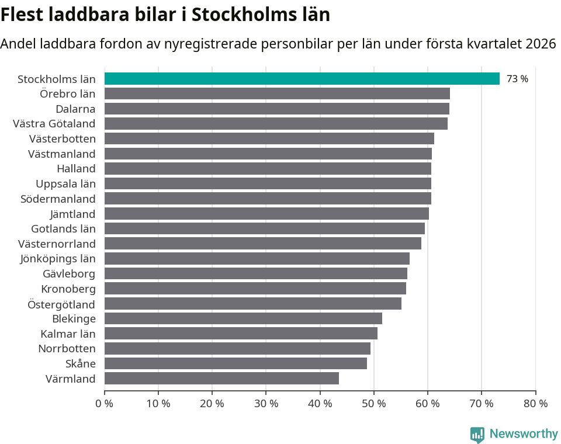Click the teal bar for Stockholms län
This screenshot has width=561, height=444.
tap(302, 79)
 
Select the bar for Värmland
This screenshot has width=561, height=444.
tap(221, 379)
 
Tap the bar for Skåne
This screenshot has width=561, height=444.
tap(236, 363)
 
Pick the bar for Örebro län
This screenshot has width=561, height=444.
tap(277, 93)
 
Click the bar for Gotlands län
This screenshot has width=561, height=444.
tap(264, 228)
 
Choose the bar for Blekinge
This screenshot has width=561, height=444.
tap(243, 318)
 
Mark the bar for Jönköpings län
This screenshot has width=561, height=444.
tap(257, 258)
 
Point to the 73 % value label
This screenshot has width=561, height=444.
tap(517, 79)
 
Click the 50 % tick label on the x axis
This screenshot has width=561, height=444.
tap(374, 404)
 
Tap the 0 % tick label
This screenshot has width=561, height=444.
tap(105, 404)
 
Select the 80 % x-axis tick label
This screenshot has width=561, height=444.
tap(535, 404)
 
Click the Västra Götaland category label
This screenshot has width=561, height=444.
tap(54, 123)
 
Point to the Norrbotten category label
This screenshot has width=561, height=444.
tap(67, 349)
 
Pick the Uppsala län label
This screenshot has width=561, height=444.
tap(65, 183)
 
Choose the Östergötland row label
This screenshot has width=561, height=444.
tap(61, 304)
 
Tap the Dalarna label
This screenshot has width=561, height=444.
tap(75, 109)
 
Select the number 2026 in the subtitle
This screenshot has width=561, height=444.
tap(541, 44)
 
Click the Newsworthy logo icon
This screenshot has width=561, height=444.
tap(477, 434)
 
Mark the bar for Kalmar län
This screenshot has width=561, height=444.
tap(241, 334)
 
